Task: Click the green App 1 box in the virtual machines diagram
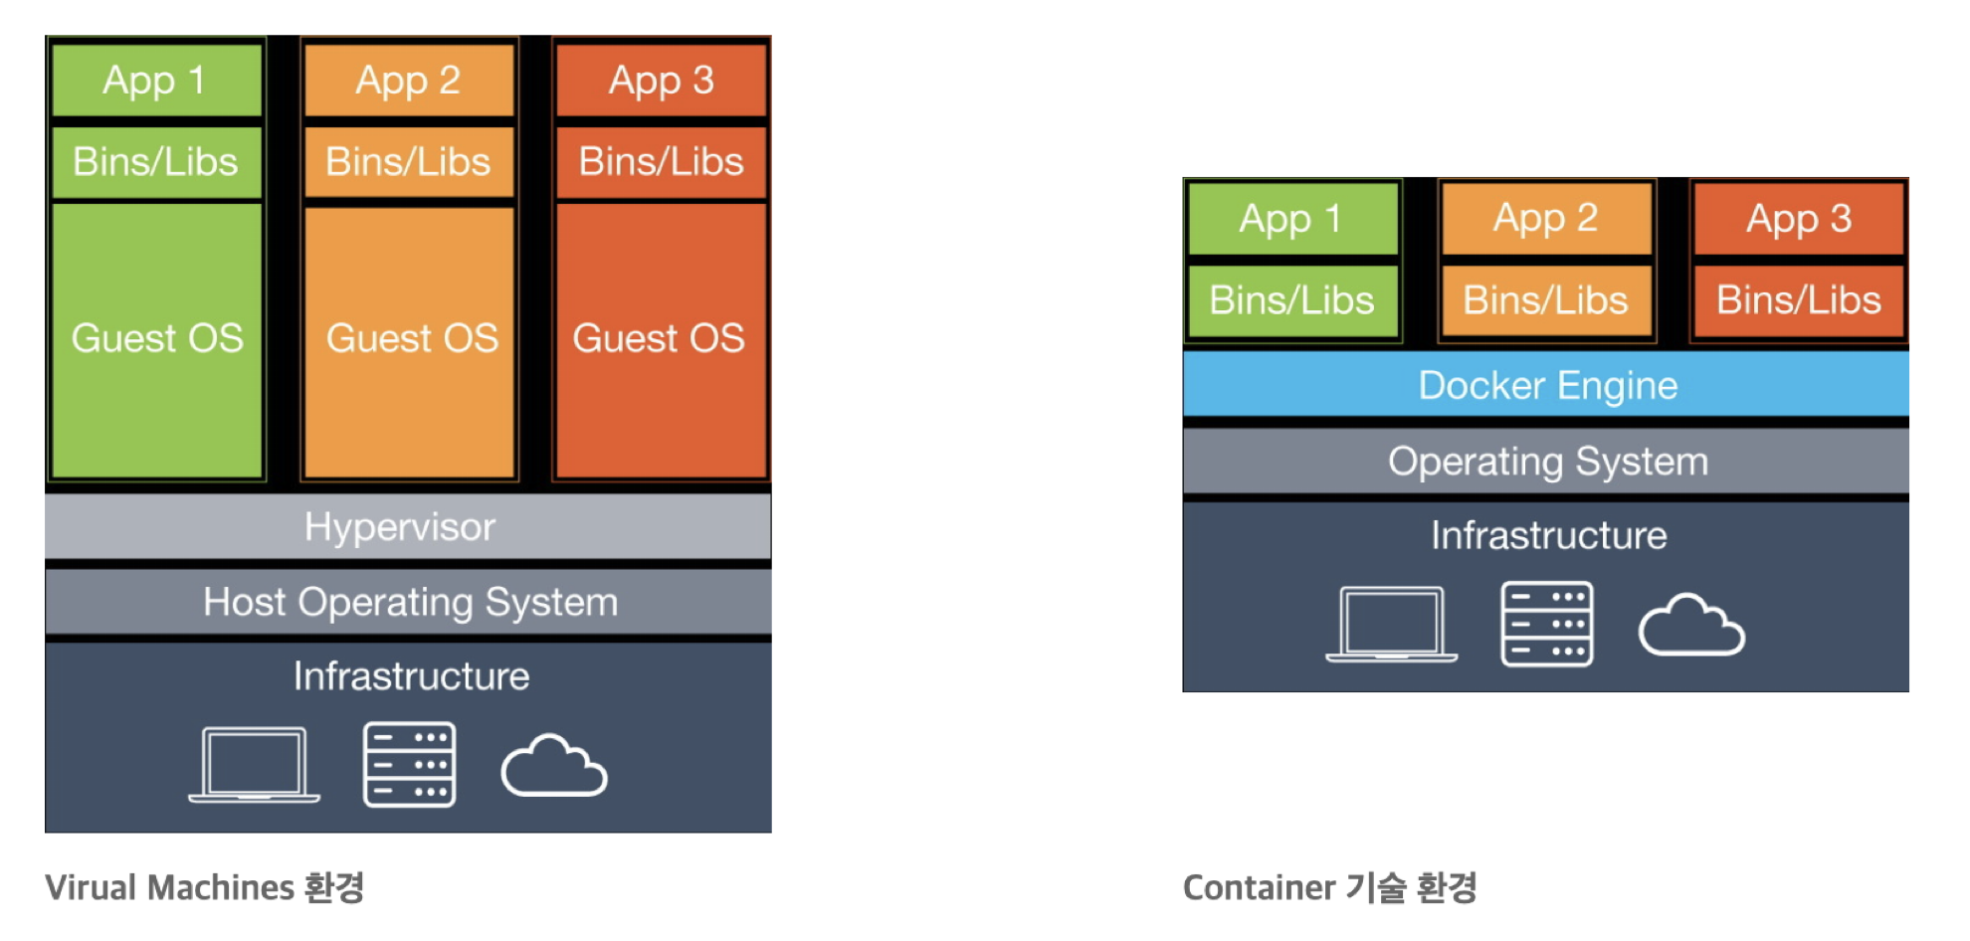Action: click(x=156, y=80)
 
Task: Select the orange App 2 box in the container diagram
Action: click(x=1546, y=218)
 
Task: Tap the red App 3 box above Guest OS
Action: click(x=662, y=80)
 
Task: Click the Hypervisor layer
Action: click(x=408, y=526)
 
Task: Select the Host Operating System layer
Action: click(x=408, y=602)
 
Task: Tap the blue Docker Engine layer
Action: click(x=1546, y=384)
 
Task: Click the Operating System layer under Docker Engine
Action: click(x=1546, y=461)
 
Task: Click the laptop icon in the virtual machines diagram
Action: click(x=255, y=764)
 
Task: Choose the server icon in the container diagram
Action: click(x=1547, y=624)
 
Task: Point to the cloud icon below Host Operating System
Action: click(x=554, y=765)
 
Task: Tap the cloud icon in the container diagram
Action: click(x=1691, y=625)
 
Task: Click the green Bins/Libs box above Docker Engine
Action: click(x=1292, y=300)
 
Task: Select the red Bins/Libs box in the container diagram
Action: click(x=1799, y=300)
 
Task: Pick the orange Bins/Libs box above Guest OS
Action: click(x=409, y=161)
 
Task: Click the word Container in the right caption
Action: click(x=1259, y=887)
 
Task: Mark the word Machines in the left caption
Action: click(x=221, y=887)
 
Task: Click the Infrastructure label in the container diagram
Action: click(x=1548, y=535)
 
